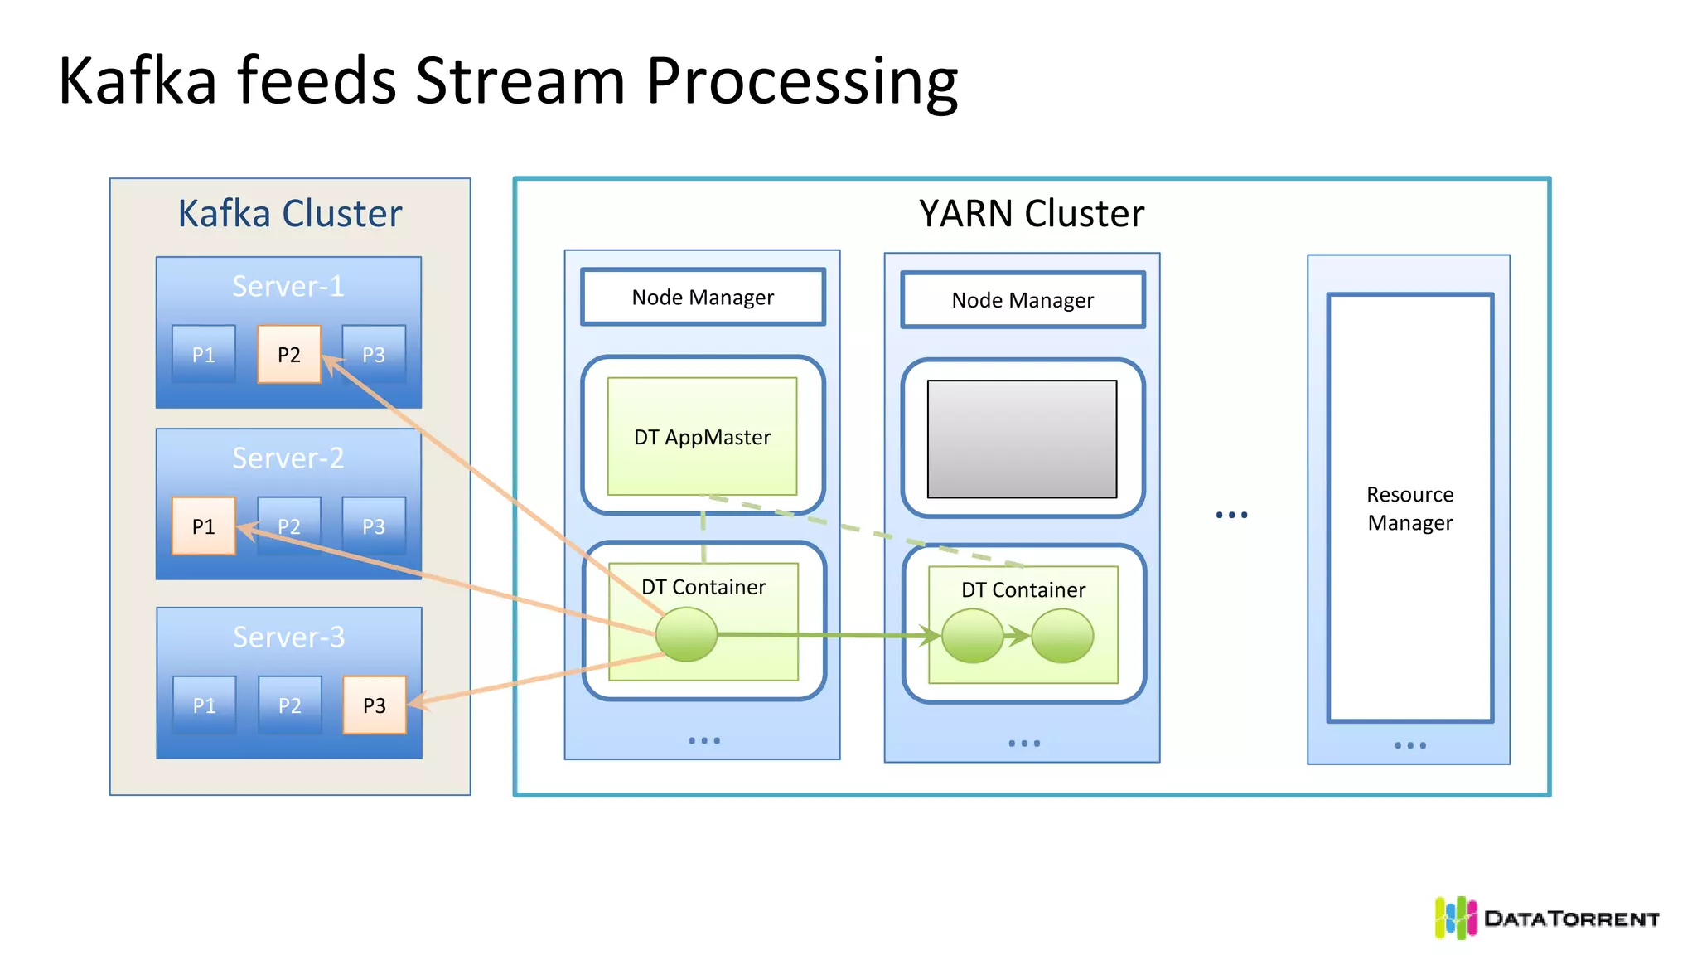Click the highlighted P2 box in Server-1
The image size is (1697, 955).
[x=288, y=354]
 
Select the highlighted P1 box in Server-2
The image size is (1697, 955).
[x=203, y=526]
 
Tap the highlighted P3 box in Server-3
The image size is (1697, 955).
[x=375, y=705]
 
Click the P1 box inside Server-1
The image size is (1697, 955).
[x=203, y=354]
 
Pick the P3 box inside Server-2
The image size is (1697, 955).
[x=374, y=526]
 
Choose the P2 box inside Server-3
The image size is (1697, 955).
[x=289, y=705]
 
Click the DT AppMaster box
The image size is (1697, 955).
[x=702, y=436]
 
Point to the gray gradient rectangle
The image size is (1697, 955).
[x=1022, y=439]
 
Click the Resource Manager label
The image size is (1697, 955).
[x=1409, y=508]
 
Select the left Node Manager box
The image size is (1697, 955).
[x=703, y=297]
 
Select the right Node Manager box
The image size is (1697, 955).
[x=1023, y=300]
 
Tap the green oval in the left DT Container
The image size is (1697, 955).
[x=686, y=634]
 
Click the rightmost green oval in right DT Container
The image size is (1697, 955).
[x=1062, y=636]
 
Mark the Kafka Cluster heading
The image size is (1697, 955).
[x=290, y=213]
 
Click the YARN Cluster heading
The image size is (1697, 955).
[x=1031, y=213]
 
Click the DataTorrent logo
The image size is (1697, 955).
[x=1546, y=918]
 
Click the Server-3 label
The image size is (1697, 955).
[x=288, y=637]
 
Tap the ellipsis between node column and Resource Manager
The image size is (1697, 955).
[x=1231, y=515]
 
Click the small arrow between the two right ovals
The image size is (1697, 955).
[x=1017, y=636]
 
